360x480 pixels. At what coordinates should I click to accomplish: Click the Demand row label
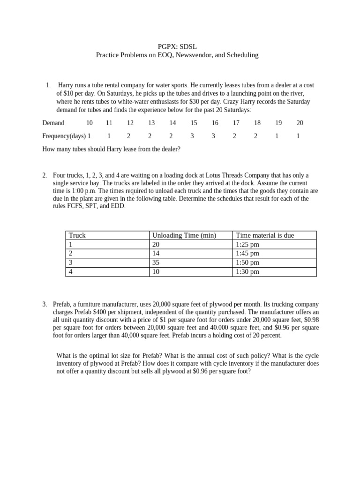point(53,123)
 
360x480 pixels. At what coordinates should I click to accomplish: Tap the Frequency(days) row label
point(64,136)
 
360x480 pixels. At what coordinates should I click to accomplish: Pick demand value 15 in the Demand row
point(194,123)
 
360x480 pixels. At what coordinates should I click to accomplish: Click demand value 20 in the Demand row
point(300,123)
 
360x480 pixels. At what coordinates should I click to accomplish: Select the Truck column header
point(77,235)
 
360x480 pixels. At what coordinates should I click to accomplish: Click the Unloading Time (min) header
point(184,235)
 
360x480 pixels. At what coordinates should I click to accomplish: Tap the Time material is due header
point(265,235)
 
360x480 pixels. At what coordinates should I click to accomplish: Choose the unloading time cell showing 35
point(156,262)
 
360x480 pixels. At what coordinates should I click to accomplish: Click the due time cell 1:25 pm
point(247,245)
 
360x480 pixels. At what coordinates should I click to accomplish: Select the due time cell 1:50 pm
point(247,262)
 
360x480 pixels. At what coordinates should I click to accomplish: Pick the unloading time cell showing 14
point(156,254)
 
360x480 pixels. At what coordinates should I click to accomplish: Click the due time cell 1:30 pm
point(247,271)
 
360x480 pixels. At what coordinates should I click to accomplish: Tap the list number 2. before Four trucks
point(45,176)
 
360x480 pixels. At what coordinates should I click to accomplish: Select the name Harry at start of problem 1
point(66,85)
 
